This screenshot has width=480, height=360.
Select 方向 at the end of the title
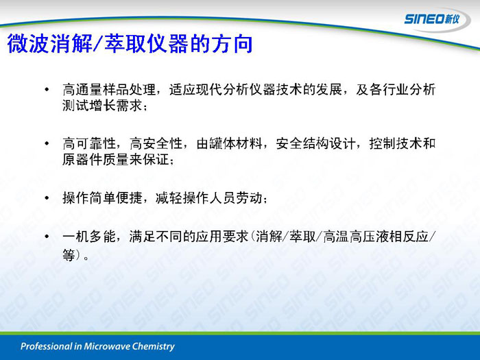[232, 43]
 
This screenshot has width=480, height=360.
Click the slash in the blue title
[98, 43]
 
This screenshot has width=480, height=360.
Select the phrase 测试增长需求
[102, 106]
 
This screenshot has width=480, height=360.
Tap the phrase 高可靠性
[89, 143]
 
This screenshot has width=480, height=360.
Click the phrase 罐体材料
[236, 143]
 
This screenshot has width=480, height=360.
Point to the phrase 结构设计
[329, 143]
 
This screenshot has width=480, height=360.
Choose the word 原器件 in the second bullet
[82, 159]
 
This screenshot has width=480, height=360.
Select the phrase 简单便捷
[116, 197]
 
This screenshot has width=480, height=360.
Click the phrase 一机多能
[89, 237]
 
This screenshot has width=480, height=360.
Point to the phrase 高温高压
[350, 237]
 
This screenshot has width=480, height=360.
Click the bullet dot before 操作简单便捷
[47, 197]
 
